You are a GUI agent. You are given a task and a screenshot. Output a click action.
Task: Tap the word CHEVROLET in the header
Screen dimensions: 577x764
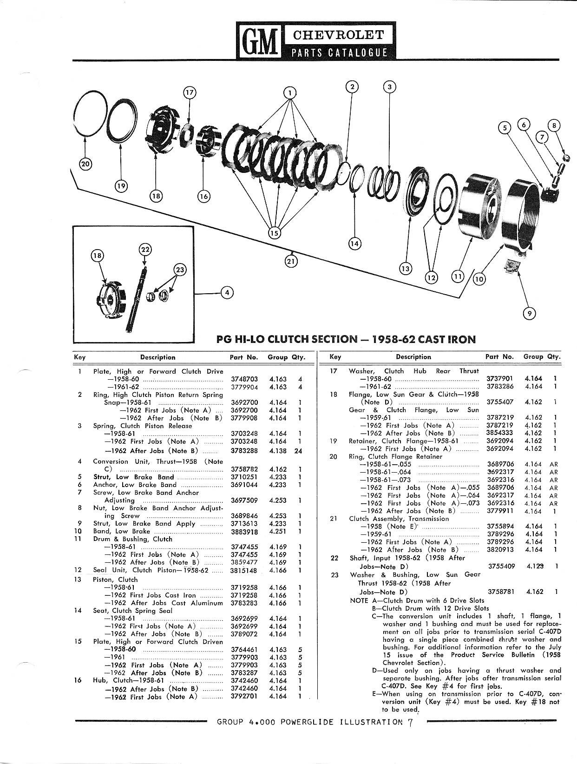coord(338,35)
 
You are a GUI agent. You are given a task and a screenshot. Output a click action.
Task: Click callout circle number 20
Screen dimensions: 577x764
coord(85,165)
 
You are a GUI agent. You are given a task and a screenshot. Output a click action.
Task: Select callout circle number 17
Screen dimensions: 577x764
coord(190,93)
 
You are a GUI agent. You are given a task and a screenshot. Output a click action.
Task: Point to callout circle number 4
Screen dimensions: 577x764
coord(227,293)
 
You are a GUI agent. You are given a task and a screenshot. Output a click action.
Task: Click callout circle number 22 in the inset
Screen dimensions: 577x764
coord(144,250)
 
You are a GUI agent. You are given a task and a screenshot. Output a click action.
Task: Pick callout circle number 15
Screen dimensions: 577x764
coord(275,233)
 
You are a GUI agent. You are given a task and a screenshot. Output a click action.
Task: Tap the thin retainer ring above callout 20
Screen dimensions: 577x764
coord(90,114)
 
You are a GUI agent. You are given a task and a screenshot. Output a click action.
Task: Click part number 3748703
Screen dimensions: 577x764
coord(244,379)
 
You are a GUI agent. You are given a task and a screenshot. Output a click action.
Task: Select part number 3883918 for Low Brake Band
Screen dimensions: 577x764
coord(244,532)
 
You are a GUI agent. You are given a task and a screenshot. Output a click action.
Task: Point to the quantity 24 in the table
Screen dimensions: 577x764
coord(298,451)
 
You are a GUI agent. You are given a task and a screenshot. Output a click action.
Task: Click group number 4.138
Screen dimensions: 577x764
coord(278,451)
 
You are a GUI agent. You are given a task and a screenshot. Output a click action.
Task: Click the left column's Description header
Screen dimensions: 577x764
coord(157,357)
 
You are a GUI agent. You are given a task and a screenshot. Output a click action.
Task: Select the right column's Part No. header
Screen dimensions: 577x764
coord(499,357)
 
